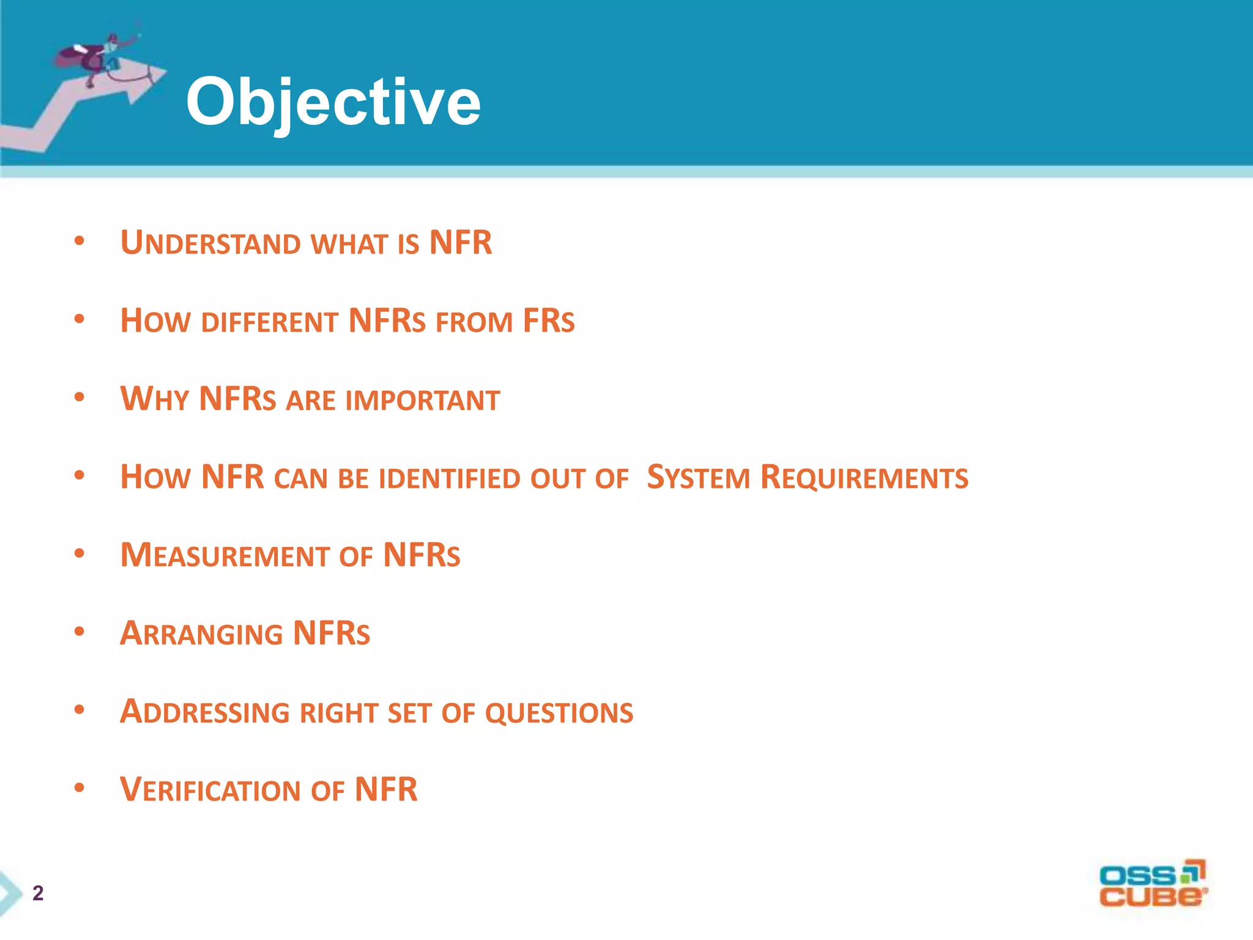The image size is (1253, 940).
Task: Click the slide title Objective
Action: pyautogui.click(x=333, y=103)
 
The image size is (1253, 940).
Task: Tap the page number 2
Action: pyautogui.click(x=38, y=893)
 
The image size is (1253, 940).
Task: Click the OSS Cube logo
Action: pyautogui.click(x=1153, y=884)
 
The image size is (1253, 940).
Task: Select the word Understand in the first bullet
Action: pyautogui.click(x=210, y=243)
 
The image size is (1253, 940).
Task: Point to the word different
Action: pyautogui.click(x=269, y=322)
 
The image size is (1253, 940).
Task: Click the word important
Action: pyautogui.click(x=422, y=400)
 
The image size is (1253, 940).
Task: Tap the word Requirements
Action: pyautogui.click(x=864, y=478)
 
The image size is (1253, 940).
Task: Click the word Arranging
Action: pyautogui.click(x=201, y=633)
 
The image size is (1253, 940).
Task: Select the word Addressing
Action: pyautogui.click(x=204, y=712)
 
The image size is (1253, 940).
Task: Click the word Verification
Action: pyautogui.click(x=210, y=790)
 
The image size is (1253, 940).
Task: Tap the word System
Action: pyautogui.click(x=698, y=478)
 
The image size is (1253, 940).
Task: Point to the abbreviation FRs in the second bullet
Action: pyautogui.click(x=548, y=322)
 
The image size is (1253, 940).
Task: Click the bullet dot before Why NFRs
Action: pyautogui.click(x=79, y=397)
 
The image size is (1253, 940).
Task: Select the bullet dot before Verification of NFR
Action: pyautogui.click(x=79, y=788)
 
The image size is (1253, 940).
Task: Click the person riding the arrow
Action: pyautogui.click(x=98, y=55)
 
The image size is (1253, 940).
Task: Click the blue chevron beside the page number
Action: pyautogui.click(x=9, y=893)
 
